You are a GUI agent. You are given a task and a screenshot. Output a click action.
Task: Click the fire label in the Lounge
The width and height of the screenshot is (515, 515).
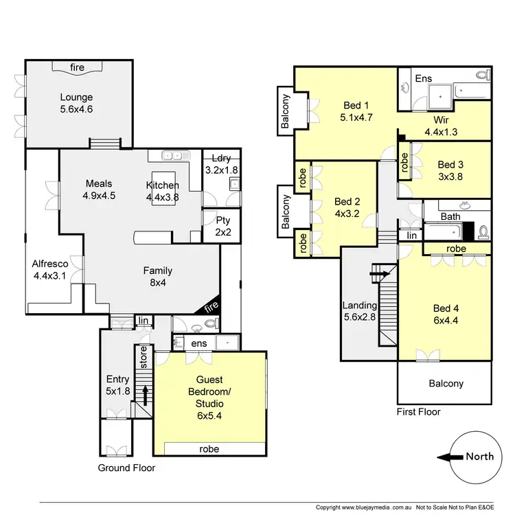click(x=78, y=67)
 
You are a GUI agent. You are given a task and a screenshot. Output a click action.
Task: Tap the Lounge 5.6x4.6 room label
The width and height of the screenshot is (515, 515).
click(x=76, y=103)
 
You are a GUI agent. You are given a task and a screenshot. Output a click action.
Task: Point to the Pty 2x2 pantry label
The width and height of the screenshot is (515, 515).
click(x=222, y=226)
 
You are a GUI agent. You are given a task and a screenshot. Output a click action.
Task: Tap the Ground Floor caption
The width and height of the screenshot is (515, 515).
click(x=126, y=468)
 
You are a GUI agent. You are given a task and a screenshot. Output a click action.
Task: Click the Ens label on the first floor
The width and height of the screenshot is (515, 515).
click(x=424, y=79)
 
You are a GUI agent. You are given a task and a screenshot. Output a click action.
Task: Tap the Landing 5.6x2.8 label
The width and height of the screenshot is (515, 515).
click(x=360, y=311)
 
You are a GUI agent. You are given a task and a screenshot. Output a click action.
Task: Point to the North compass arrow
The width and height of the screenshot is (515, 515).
click(x=449, y=457)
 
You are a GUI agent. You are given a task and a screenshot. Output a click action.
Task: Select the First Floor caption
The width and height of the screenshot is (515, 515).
click(x=418, y=412)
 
